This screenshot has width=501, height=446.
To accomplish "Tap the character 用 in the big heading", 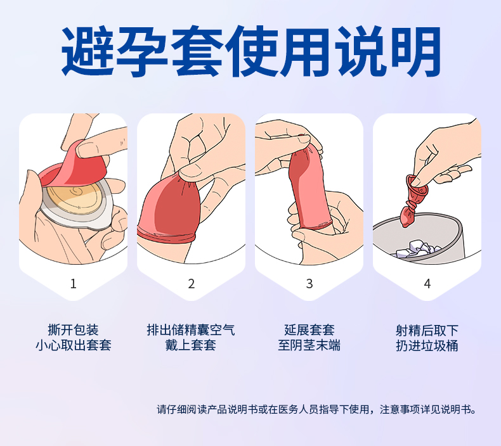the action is (305, 52).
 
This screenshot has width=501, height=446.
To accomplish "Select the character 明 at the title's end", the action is (416, 52).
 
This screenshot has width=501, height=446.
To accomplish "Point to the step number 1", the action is (74, 283).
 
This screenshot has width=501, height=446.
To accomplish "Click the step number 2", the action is (191, 283).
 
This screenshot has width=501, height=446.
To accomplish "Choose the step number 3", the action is (309, 283).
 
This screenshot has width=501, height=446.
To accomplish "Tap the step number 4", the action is (427, 283).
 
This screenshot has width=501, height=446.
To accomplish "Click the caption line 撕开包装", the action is (73, 330).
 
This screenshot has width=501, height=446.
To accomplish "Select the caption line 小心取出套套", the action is (73, 345).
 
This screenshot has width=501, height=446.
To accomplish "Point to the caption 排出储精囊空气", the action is (191, 330).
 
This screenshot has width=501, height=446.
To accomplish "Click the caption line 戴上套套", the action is (191, 345).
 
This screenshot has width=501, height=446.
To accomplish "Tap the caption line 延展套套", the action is (309, 330).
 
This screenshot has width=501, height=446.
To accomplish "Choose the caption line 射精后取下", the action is (427, 330).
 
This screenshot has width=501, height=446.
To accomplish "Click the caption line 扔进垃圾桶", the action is (427, 345).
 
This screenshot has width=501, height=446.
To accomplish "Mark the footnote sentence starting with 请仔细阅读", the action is (316, 409).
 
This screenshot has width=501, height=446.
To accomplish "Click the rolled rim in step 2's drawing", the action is (166, 235).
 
